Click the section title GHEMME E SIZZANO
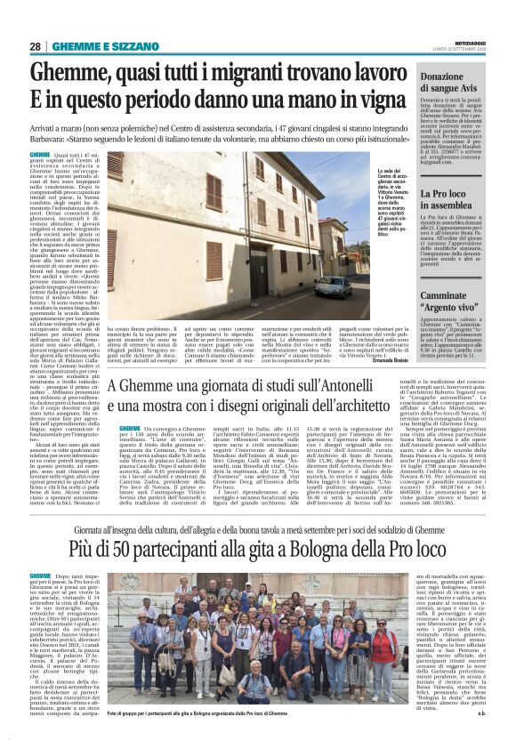(93, 46)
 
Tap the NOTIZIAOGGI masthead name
(468, 41)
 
